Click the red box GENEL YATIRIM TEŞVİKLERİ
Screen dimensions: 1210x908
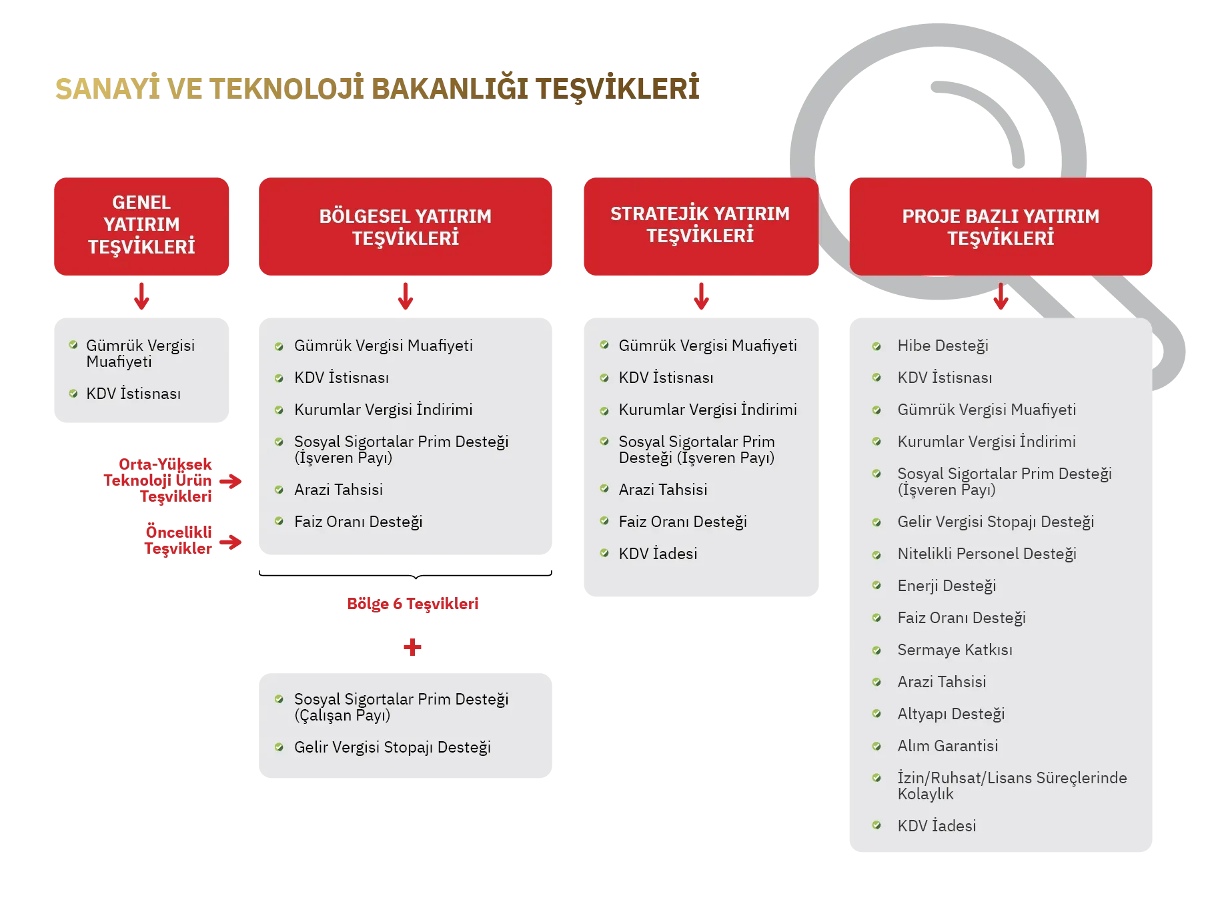coord(141,226)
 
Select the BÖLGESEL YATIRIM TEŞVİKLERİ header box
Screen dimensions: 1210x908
coord(405,226)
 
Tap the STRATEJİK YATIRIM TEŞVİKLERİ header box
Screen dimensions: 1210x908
coord(701,226)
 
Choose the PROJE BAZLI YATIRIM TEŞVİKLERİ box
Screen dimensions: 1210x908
coord(1001,226)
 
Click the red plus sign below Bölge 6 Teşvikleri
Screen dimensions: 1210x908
coord(412,646)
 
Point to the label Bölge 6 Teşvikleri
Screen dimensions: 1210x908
coord(412,604)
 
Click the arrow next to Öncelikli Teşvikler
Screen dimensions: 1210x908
coord(231,542)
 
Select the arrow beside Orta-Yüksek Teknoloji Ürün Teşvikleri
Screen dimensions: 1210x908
coord(231,481)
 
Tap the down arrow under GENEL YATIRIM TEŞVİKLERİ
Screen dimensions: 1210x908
coord(141,296)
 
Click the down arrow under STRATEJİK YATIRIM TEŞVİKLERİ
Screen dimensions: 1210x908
coord(701,296)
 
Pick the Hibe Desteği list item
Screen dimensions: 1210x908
coord(943,346)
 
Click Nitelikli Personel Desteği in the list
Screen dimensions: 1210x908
coord(987,554)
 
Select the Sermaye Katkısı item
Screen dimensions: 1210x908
coord(955,650)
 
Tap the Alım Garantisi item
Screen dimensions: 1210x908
coord(947,746)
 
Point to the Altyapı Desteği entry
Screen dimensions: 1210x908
coord(951,714)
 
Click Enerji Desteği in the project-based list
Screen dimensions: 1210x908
coord(947,586)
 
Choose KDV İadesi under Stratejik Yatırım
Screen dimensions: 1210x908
coord(658,554)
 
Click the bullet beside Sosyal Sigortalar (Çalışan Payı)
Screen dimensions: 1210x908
coord(279,699)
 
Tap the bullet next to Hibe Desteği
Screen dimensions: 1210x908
coord(876,346)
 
